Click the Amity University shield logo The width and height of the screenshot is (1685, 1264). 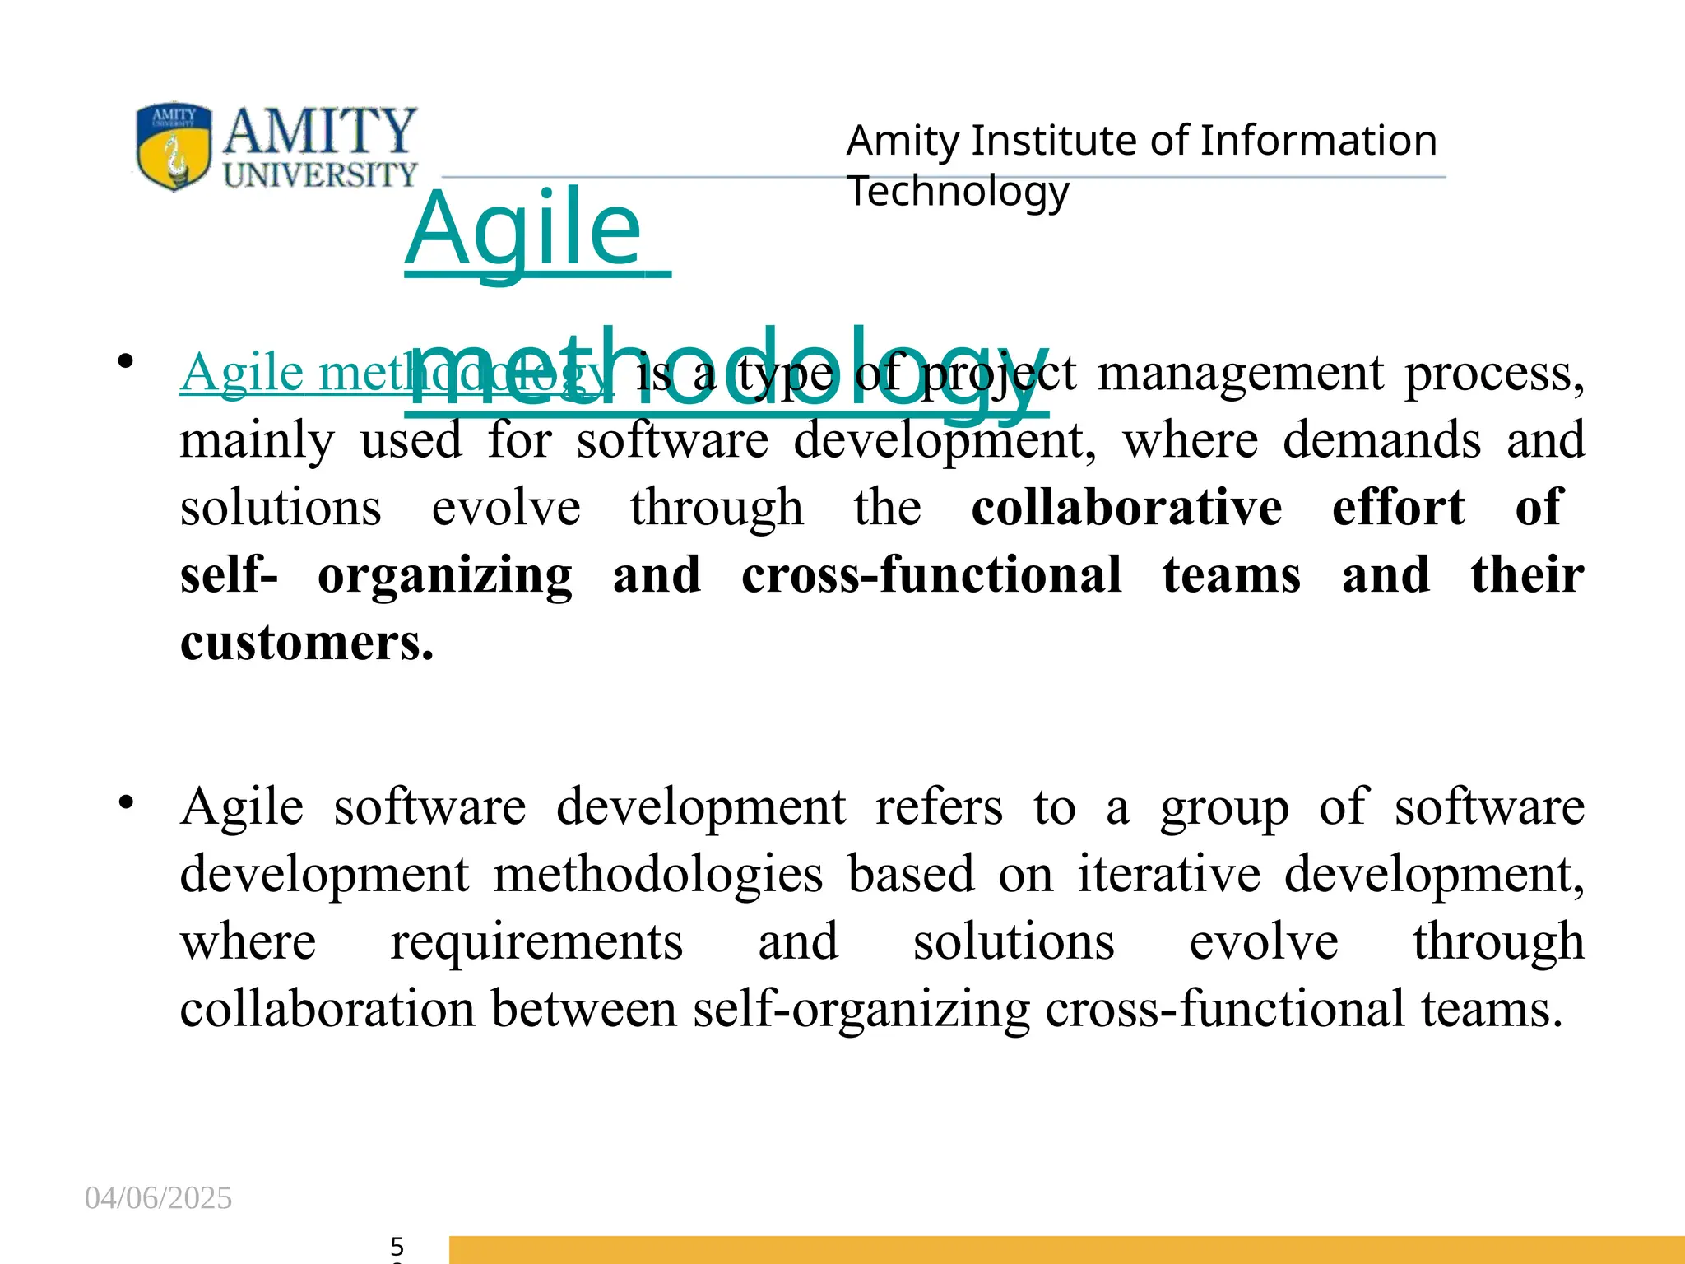point(174,146)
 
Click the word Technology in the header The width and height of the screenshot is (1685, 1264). point(958,192)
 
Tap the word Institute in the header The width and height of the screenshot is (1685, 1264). point(1058,141)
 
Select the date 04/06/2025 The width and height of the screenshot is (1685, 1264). point(158,1198)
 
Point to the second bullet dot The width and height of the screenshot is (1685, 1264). point(125,802)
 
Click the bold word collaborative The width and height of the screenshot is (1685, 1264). point(1126,507)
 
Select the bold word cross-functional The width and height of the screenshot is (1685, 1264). point(931,574)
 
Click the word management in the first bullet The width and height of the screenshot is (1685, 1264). point(1241,373)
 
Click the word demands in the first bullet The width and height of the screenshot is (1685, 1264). point(1381,439)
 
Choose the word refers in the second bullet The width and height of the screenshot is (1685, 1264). point(939,806)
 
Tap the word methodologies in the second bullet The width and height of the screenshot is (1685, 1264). point(657,874)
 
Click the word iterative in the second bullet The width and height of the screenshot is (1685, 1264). point(1169,874)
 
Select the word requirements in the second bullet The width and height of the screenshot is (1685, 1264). point(536,942)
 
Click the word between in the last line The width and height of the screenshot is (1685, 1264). point(583,1009)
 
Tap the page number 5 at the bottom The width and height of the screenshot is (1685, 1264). point(397,1246)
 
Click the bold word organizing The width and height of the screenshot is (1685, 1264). point(445,575)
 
